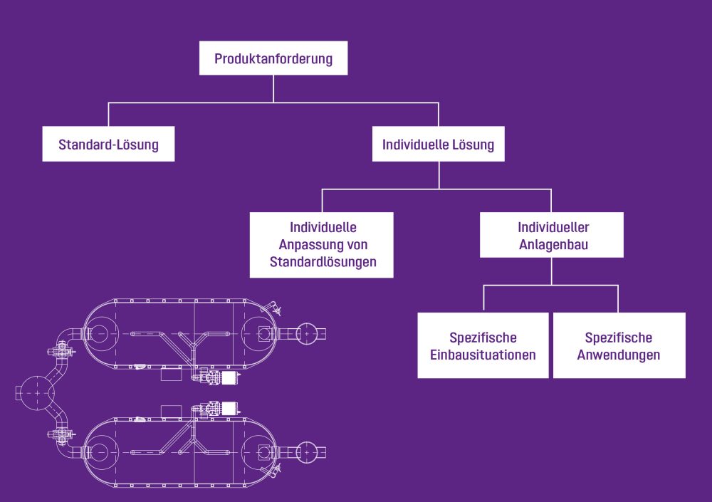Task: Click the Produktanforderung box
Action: [x=273, y=59]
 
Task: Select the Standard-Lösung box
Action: [x=108, y=145]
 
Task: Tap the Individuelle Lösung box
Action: [x=438, y=145]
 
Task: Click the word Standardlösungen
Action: [x=323, y=262]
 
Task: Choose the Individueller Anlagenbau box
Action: [x=552, y=236]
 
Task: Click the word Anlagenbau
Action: [x=553, y=245]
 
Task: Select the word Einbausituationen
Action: [x=483, y=355]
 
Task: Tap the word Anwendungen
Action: [x=619, y=355]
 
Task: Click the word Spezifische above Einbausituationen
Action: [x=483, y=338]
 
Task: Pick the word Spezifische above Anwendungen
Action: [x=619, y=338]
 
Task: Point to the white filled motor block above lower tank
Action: [x=229, y=408]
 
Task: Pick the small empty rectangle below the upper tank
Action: [x=171, y=375]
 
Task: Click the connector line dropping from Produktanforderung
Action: [x=273, y=88]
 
